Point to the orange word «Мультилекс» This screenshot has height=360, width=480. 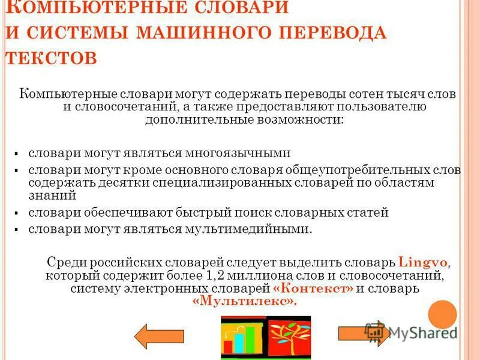point(245,302)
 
